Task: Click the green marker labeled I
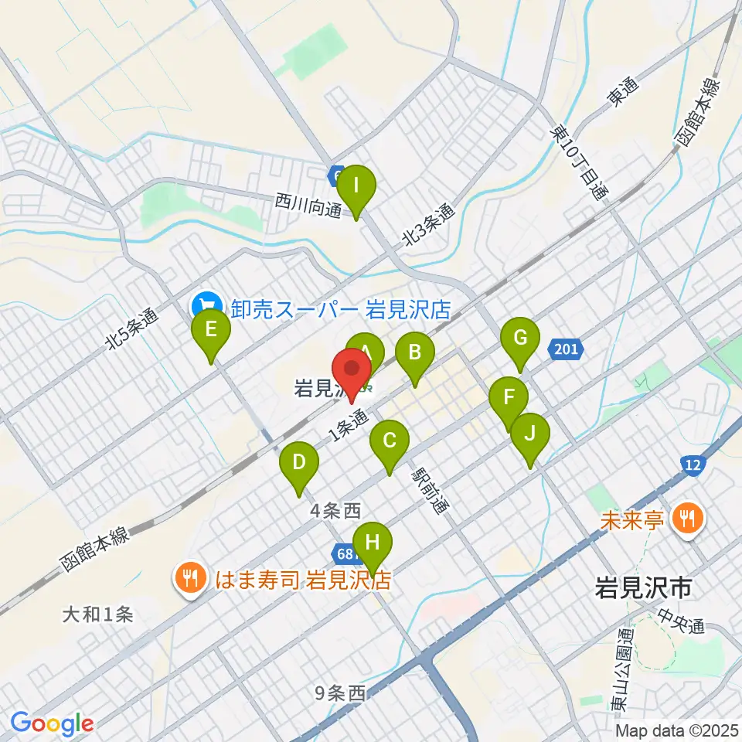pyautogui.click(x=356, y=187)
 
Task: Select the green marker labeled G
pyautogui.click(x=519, y=339)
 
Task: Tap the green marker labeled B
pyautogui.click(x=414, y=354)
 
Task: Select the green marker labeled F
pyautogui.click(x=509, y=399)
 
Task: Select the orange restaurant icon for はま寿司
pyautogui.click(x=189, y=577)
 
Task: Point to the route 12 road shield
pyautogui.click(x=693, y=464)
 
